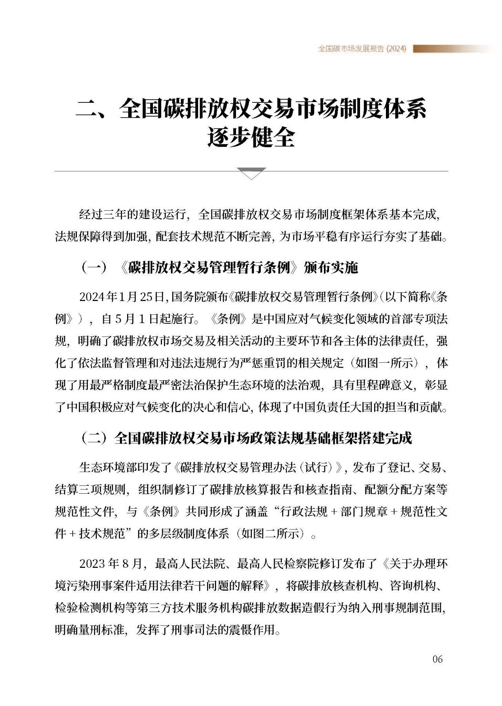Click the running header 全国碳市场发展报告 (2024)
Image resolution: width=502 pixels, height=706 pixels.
[362, 49]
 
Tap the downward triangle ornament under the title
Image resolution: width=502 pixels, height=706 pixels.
[251, 173]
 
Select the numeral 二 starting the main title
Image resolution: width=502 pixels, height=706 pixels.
[87, 108]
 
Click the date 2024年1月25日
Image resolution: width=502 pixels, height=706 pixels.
[121, 297]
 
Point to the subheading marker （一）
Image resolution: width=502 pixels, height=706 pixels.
[94, 268]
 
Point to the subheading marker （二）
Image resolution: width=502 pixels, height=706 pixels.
[94, 438]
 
